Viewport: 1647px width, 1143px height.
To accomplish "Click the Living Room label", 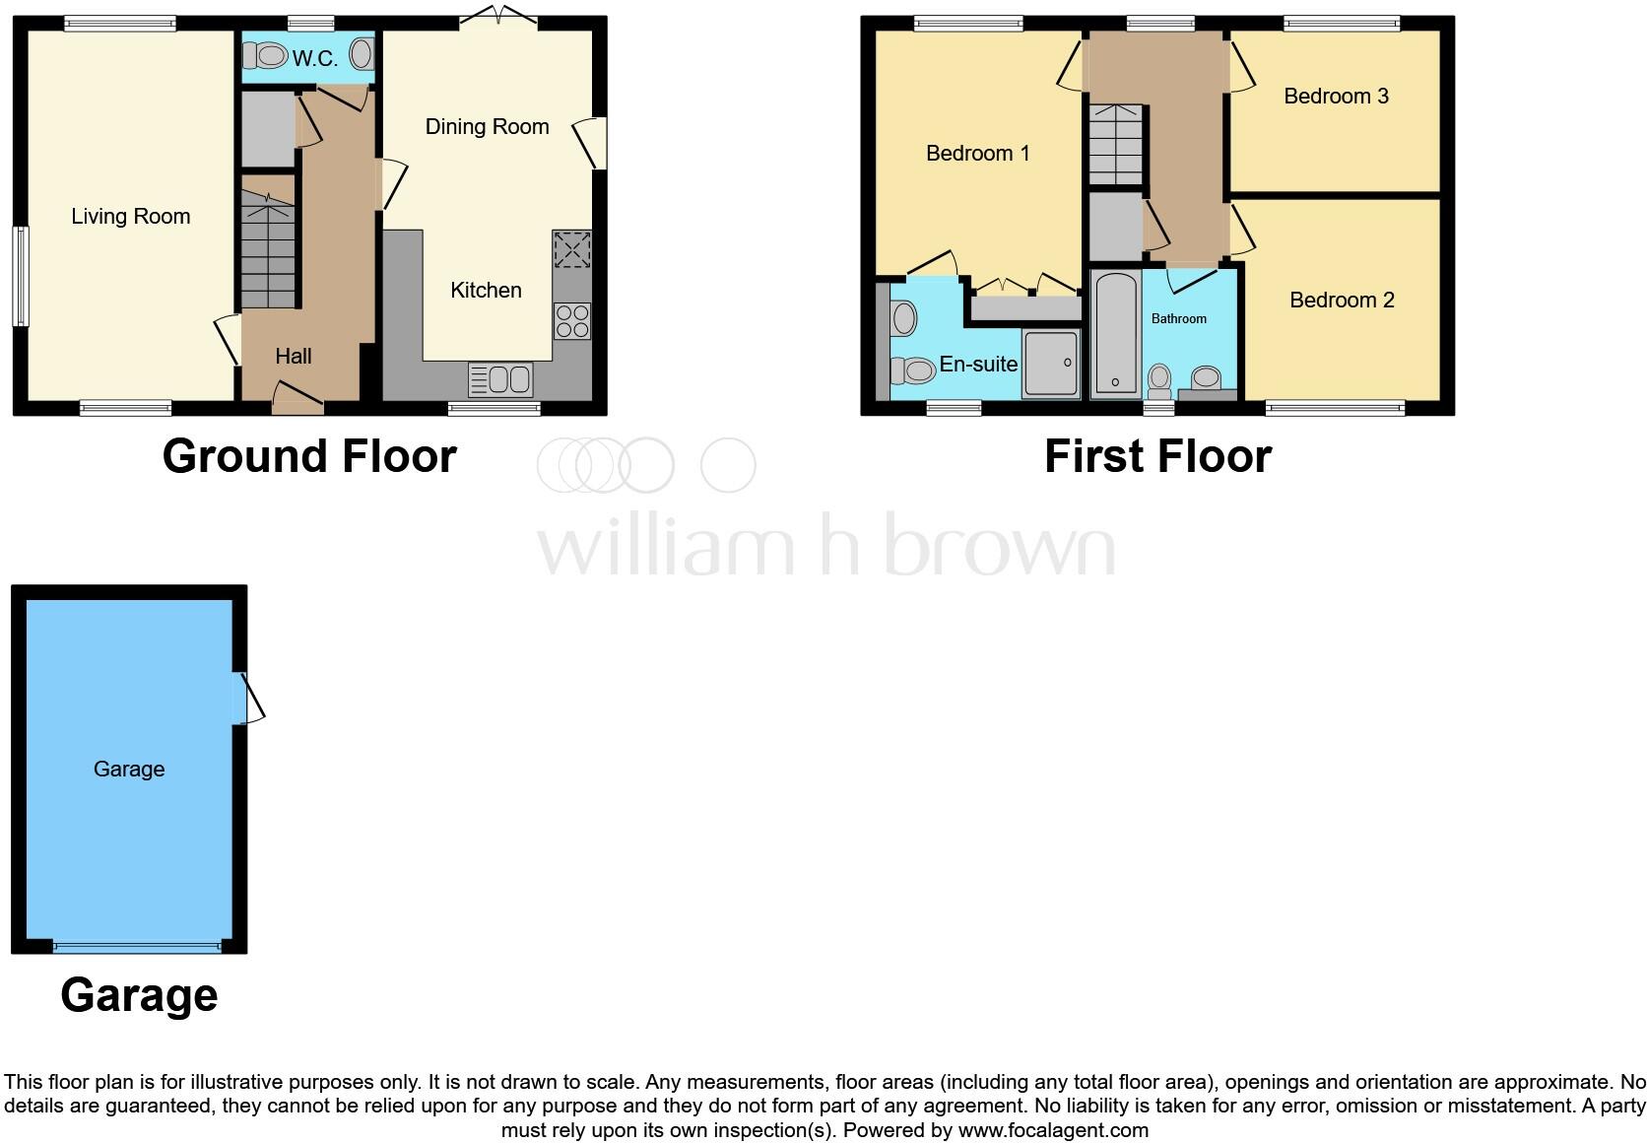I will click(130, 217).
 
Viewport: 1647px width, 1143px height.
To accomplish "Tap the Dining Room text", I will click(487, 127).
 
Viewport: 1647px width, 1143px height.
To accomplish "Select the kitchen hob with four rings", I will click(572, 320).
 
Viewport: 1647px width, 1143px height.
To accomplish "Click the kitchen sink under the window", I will click(500, 379).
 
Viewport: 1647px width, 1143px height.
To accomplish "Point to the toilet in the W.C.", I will click(258, 55).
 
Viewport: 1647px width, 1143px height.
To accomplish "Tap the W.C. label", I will click(314, 59).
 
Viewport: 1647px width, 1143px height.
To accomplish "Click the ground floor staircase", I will click(268, 251).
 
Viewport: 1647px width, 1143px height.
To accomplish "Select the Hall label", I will click(294, 357).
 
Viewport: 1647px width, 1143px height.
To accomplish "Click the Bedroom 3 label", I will click(1336, 97).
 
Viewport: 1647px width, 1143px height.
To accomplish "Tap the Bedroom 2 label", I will click(1342, 301).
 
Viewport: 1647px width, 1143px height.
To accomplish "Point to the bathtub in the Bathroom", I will click(1116, 335).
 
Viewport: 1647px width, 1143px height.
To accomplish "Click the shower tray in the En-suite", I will click(1051, 364).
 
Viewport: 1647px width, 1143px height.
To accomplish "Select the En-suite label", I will click(978, 365).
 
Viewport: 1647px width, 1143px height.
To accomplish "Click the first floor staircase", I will click(1115, 145).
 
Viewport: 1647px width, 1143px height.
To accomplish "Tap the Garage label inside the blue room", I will click(129, 770).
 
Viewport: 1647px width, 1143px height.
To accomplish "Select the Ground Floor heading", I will click(309, 456).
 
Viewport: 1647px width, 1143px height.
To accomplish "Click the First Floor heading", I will click(1157, 456).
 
